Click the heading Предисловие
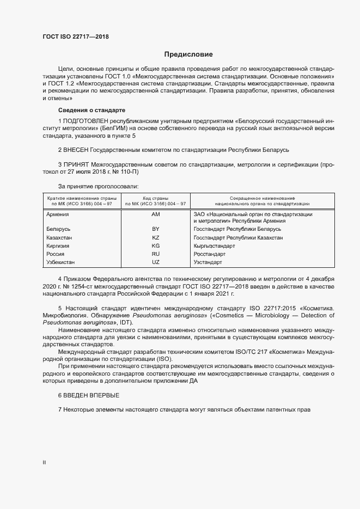tap(188, 54)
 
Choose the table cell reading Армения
tap(58, 215)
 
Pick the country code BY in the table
tap(155, 229)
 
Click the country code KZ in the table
tap(155, 238)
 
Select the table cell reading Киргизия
tap(59, 246)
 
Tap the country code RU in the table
tap(155, 254)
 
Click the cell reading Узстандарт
tap(208, 262)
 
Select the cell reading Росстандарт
tap(210, 254)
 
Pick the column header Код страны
tap(155, 198)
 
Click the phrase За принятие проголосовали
tap(91, 186)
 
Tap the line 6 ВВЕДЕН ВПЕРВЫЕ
tap(88, 395)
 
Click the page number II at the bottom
tap(44, 463)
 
